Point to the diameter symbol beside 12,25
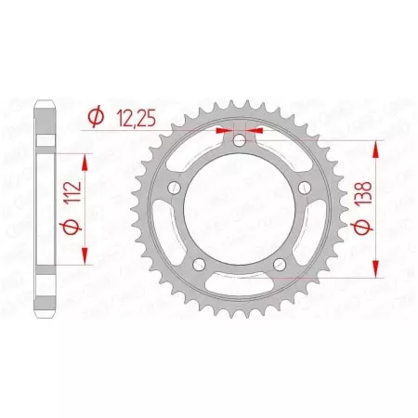(94, 116)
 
